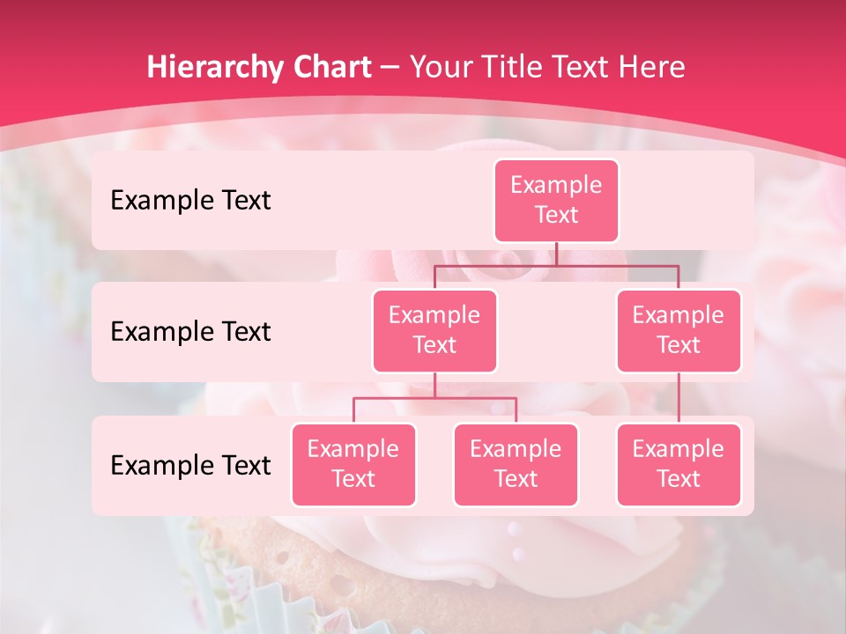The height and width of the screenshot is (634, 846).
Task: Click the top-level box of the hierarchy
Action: (x=556, y=200)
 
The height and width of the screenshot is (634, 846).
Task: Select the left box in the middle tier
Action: (x=434, y=330)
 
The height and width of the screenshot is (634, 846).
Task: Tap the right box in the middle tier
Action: (x=679, y=330)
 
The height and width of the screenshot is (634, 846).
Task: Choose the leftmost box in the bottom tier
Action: (x=353, y=464)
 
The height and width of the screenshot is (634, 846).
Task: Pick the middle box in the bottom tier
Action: (x=516, y=464)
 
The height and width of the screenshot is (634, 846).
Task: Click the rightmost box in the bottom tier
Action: (x=679, y=464)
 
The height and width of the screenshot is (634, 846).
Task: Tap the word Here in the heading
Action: (x=653, y=68)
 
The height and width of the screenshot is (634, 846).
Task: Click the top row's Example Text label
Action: (x=190, y=200)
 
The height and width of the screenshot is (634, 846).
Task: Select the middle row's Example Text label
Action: (x=190, y=331)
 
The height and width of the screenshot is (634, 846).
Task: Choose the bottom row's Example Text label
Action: (x=190, y=465)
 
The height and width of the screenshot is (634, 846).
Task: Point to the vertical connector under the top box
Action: (x=556, y=254)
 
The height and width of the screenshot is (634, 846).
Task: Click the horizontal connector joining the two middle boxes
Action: (x=556, y=265)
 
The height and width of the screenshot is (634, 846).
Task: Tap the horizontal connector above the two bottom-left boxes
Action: (x=434, y=398)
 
